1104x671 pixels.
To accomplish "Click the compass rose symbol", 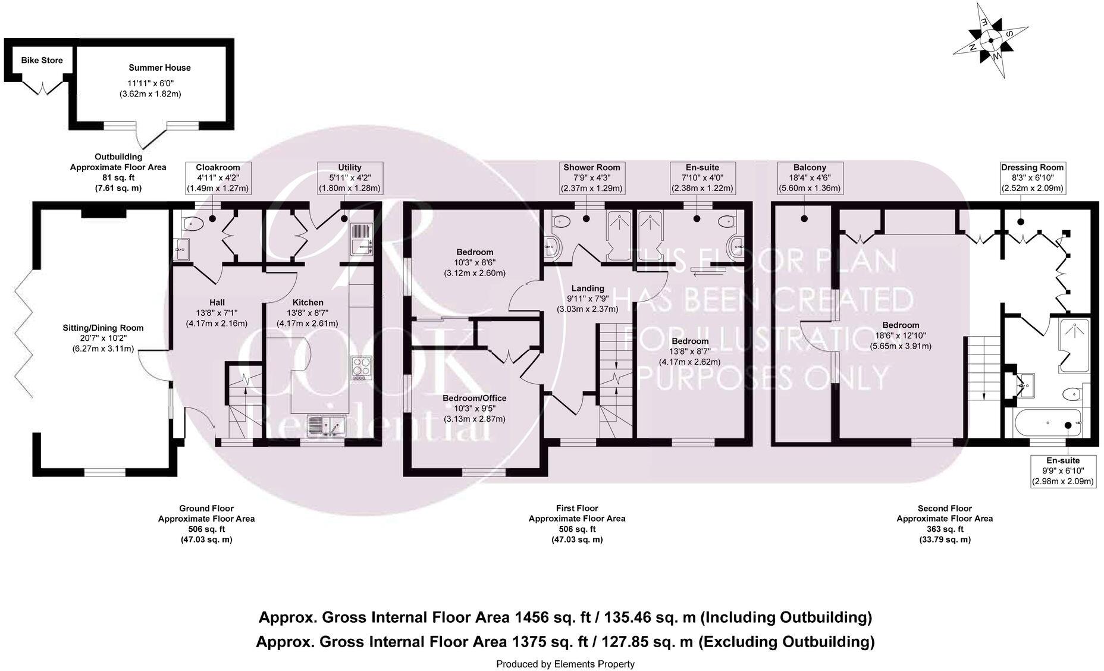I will pyautogui.click(x=991, y=40).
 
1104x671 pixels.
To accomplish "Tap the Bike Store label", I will pyautogui.click(x=42, y=60).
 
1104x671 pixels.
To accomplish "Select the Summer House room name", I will pyautogui.click(x=159, y=68).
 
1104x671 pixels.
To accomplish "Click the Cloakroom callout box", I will pyautogui.click(x=217, y=178).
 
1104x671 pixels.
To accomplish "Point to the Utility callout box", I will pyautogui.click(x=349, y=178).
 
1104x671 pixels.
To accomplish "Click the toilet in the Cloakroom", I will pyautogui.click(x=193, y=224).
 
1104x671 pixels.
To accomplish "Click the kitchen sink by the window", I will pyautogui.click(x=327, y=426).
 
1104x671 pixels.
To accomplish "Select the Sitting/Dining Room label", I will pyautogui.click(x=103, y=328).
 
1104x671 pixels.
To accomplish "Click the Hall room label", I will pyautogui.click(x=217, y=303).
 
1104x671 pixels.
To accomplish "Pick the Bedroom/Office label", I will pyautogui.click(x=474, y=398).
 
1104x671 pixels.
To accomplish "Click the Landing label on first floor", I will pyautogui.click(x=587, y=289).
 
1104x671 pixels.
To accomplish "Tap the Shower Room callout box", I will pyautogui.click(x=591, y=178).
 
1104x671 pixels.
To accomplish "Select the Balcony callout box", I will pyautogui.click(x=810, y=178).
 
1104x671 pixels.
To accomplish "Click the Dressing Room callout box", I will pyautogui.click(x=1031, y=178).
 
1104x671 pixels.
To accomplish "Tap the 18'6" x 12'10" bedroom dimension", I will pyautogui.click(x=901, y=335).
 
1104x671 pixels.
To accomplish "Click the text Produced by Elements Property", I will pyautogui.click(x=565, y=664).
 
